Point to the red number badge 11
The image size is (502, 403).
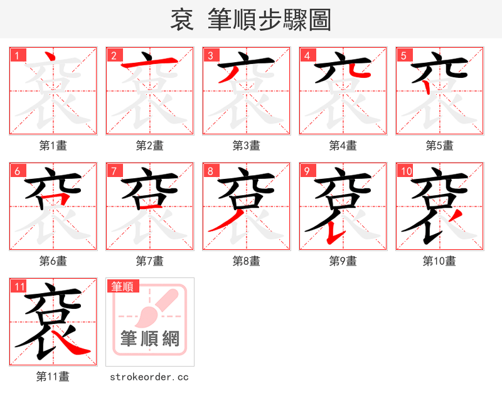19,287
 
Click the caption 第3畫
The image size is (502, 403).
246,146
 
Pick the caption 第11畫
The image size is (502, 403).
53,377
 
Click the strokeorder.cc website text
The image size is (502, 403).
149,377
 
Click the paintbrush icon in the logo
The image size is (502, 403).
151,308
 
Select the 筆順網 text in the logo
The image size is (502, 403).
150,339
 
